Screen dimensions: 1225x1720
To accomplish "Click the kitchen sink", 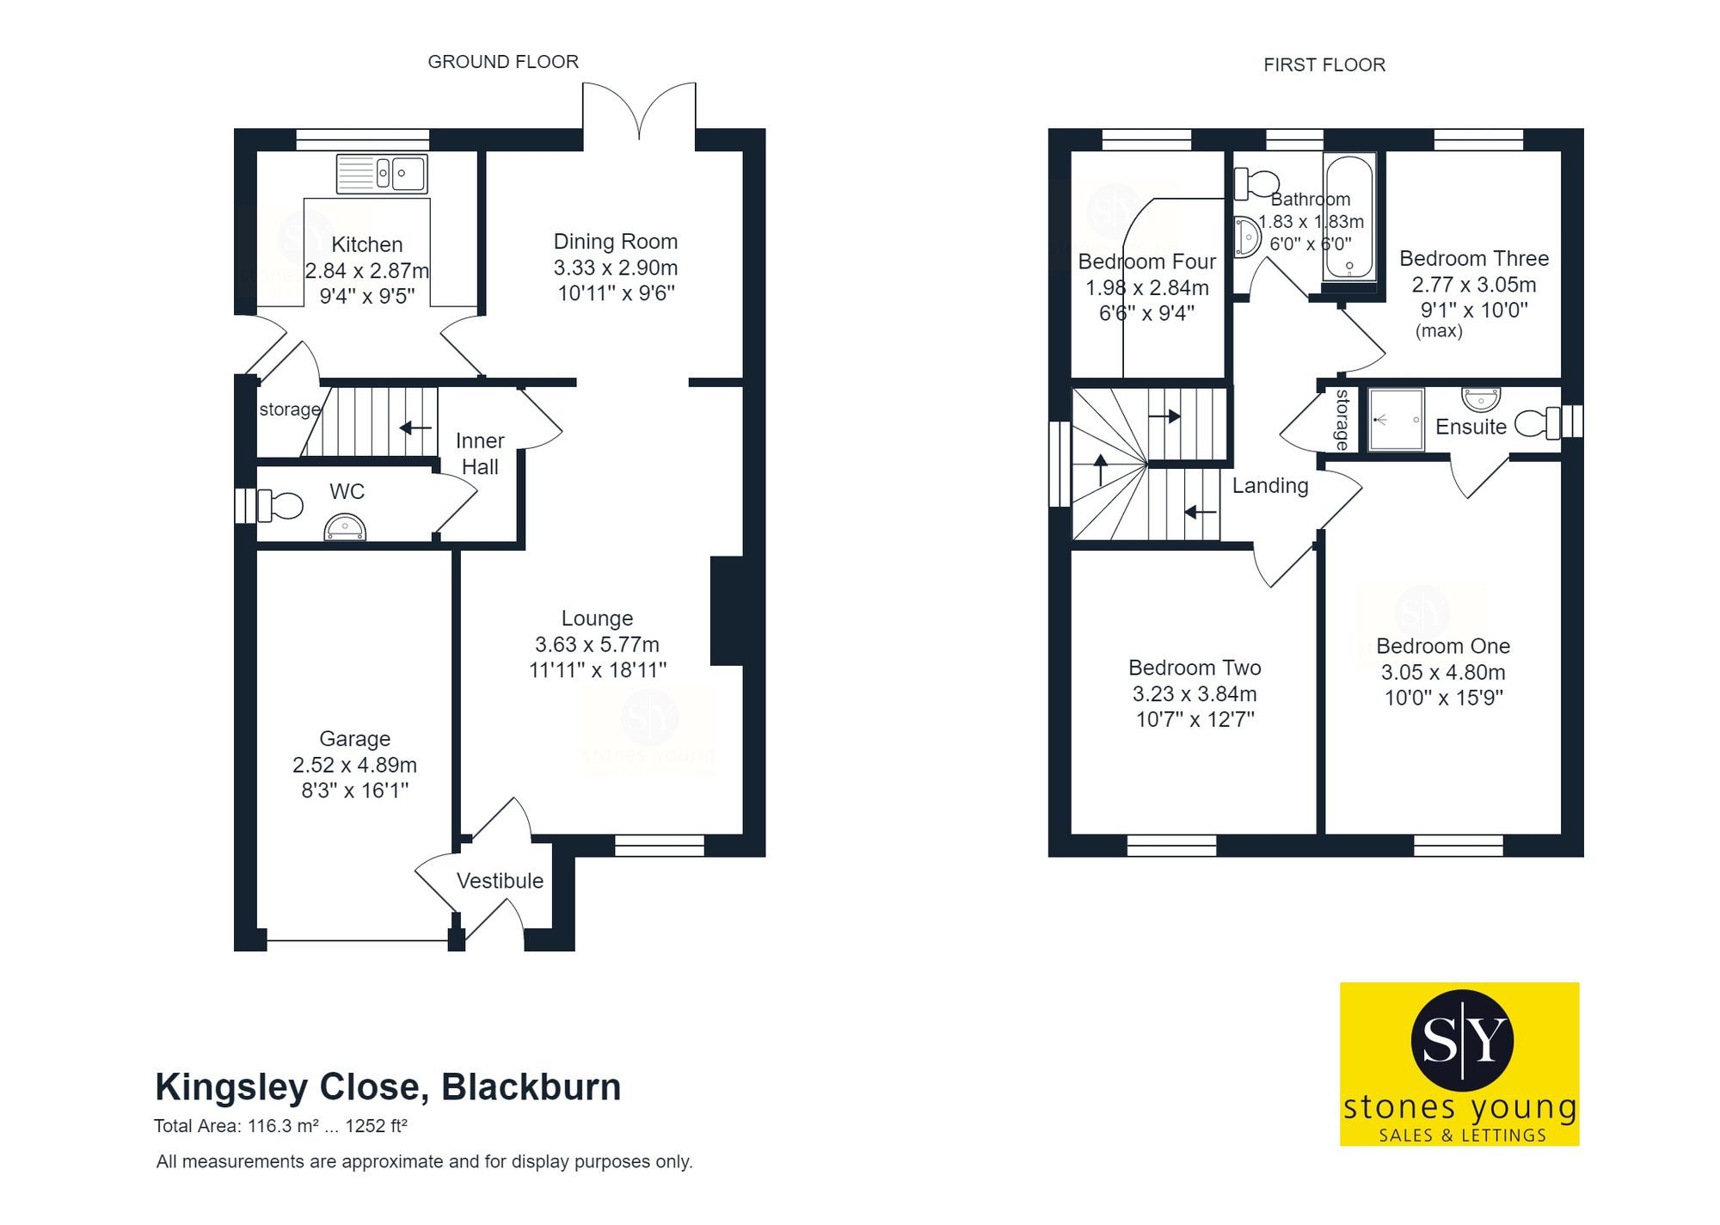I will click(x=382, y=174).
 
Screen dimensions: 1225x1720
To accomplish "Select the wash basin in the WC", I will click(x=345, y=528).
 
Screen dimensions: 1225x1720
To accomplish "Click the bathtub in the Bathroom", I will click(x=1348, y=217).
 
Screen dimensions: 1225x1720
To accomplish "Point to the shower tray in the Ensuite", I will click(x=1396, y=420).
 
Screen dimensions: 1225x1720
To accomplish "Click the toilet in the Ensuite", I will click(x=1536, y=422).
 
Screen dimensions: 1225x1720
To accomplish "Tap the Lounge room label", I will click(x=597, y=619).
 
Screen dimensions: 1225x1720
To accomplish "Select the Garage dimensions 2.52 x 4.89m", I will click(x=354, y=765).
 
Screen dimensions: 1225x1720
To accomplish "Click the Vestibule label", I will click(x=500, y=881).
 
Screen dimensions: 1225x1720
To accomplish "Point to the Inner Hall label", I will click(x=480, y=453).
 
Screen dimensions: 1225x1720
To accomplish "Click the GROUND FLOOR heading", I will click(x=503, y=62).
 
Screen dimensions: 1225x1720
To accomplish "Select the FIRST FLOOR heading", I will click(x=1324, y=65).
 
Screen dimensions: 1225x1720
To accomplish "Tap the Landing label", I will click(x=1270, y=486).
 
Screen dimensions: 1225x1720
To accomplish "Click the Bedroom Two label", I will click(x=1195, y=668).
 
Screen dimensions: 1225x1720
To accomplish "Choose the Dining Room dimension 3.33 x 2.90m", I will click(x=616, y=268).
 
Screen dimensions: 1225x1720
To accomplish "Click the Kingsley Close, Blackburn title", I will click(x=388, y=1087).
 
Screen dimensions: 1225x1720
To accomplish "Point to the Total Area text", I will click(x=280, y=1126).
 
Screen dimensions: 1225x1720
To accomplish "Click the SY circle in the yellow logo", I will click(x=1462, y=1039).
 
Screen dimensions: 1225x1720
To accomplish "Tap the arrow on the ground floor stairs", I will click(x=415, y=428).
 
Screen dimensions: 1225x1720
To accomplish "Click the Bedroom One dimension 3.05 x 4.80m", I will click(x=1443, y=672).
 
